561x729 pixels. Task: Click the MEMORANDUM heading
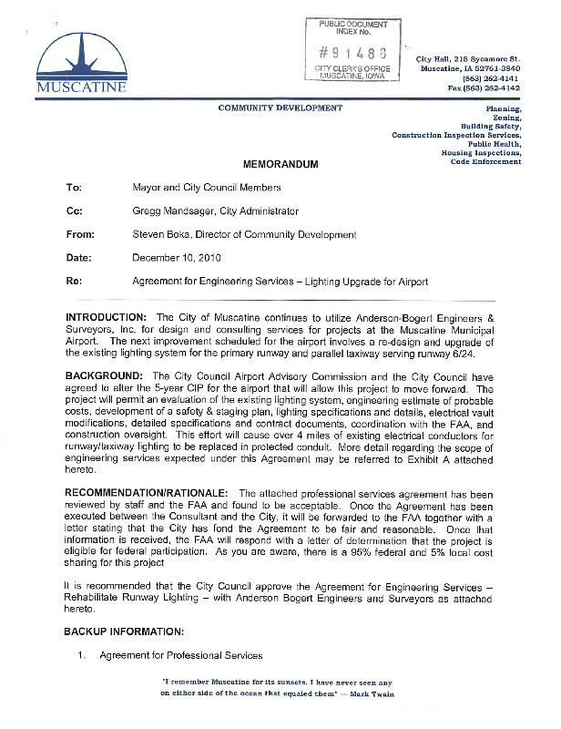280,164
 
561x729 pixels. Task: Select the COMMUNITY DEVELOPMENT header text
280,108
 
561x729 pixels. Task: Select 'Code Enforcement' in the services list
486,162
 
